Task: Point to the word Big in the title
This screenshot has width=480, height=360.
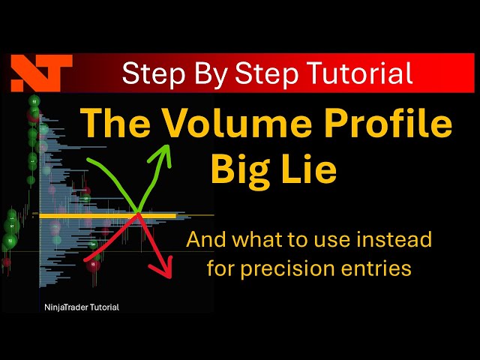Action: point(244,169)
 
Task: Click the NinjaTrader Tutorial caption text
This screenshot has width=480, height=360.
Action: point(81,307)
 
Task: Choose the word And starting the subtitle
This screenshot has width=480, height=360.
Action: point(204,240)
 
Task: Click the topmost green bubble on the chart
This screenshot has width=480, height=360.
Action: point(34,101)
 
